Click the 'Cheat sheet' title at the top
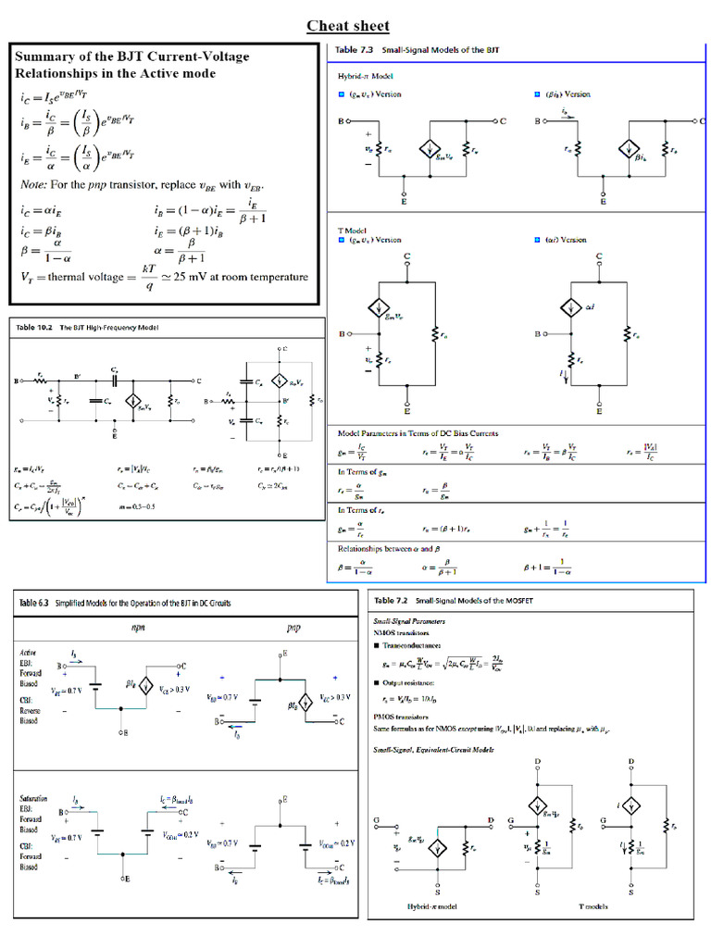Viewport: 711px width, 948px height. tap(348, 25)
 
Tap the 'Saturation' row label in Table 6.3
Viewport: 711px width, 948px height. tap(35, 796)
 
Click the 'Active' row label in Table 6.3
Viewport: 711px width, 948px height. tap(29, 652)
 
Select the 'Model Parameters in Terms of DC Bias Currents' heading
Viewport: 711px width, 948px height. tap(418, 433)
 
